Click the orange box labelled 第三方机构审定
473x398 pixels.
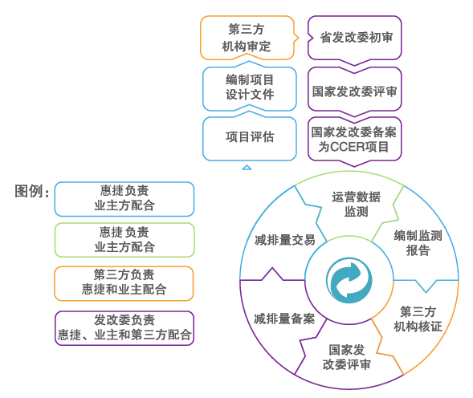click(247, 38)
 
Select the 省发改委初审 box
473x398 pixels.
click(356, 38)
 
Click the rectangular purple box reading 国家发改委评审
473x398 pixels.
click(354, 91)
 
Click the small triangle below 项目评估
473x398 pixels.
click(247, 167)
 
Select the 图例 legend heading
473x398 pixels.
click(32, 192)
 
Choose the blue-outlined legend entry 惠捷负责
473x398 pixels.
click(124, 198)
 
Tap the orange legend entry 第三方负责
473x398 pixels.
click(124, 282)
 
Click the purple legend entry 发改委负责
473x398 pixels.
click(124, 327)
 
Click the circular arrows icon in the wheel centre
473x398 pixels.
click(349, 282)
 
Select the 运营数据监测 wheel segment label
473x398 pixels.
click(356, 205)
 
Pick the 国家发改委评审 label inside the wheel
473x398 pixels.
click(346, 357)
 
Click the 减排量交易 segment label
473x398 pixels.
click(279, 240)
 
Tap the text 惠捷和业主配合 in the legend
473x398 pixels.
click(124, 290)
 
